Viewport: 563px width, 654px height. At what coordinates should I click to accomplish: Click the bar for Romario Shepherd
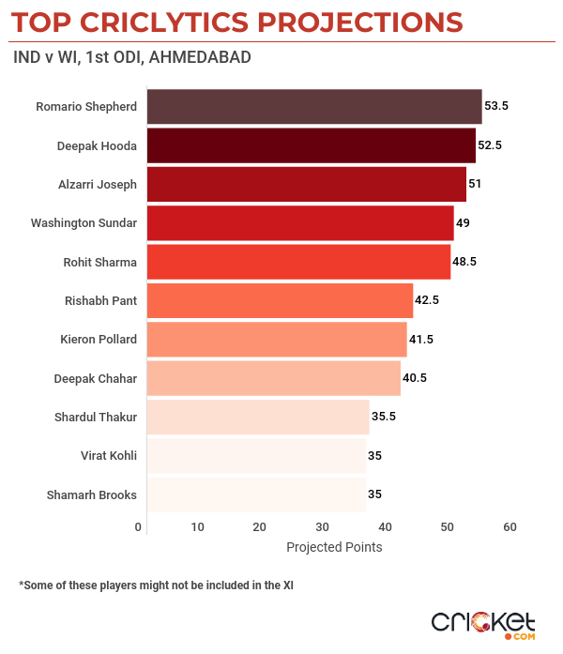click(x=314, y=107)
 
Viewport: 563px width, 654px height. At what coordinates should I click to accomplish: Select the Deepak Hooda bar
click(x=311, y=145)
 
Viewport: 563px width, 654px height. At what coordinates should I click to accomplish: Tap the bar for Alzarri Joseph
click(x=306, y=184)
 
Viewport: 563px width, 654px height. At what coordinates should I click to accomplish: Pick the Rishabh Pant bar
click(x=280, y=300)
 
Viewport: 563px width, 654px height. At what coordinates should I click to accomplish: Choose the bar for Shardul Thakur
click(x=258, y=417)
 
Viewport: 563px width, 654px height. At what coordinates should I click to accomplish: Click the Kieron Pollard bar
click(x=277, y=339)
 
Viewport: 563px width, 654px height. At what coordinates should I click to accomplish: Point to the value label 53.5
click(x=495, y=107)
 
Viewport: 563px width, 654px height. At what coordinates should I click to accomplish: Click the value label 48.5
click(x=464, y=262)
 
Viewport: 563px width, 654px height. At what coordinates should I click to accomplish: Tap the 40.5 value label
click(x=415, y=378)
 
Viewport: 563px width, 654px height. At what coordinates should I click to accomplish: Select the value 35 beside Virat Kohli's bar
click(x=374, y=455)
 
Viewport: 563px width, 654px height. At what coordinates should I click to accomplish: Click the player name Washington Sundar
click(x=84, y=223)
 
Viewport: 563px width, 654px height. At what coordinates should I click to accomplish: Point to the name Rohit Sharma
click(x=98, y=262)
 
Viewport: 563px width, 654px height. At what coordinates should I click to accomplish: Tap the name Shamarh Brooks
click(x=91, y=494)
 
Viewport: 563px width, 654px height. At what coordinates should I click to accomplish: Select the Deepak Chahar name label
click(x=96, y=378)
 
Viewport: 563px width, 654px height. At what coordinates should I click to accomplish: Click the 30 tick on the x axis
click(x=322, y=527)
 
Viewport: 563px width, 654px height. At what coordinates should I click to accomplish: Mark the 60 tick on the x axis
click(x=510, y=527)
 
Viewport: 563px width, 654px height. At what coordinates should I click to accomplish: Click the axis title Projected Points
click(x=334, y=547)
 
